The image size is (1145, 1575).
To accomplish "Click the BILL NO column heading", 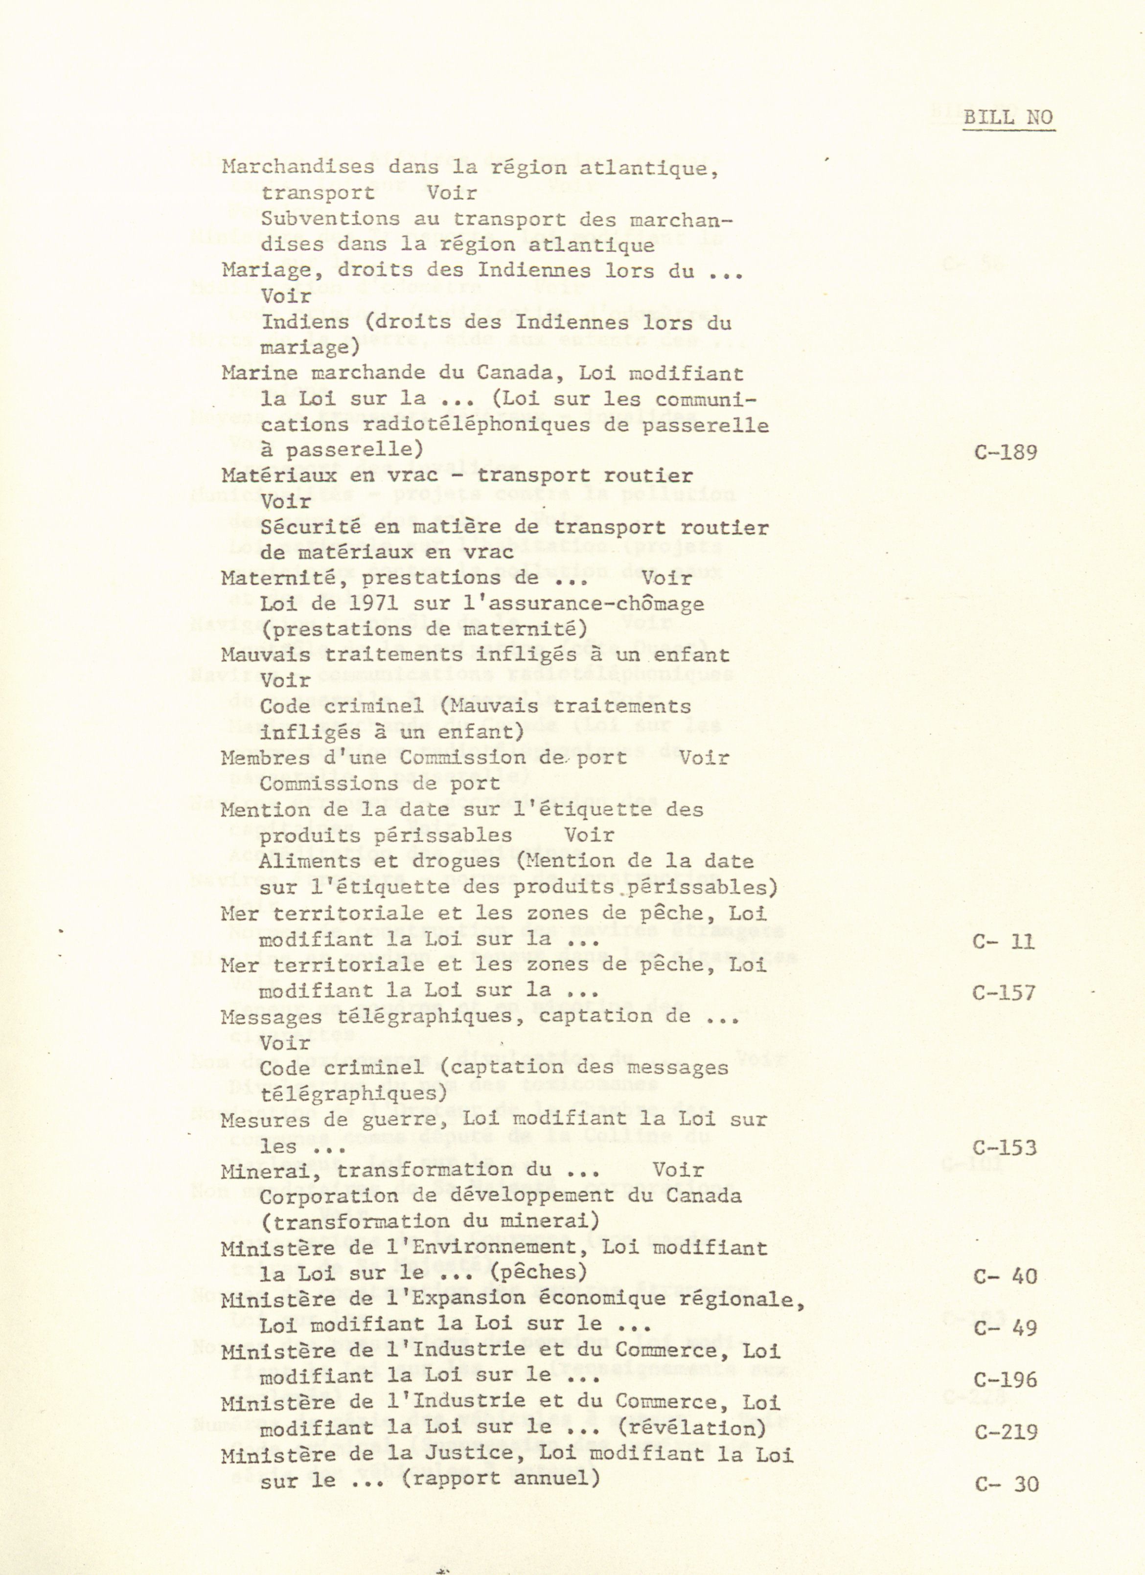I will pos(1008,117).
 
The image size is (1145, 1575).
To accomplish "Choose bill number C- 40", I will pos(1006,1277).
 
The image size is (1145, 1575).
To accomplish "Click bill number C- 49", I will pos(1006,1328).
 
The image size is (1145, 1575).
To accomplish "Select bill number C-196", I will pos(1006,1379).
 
